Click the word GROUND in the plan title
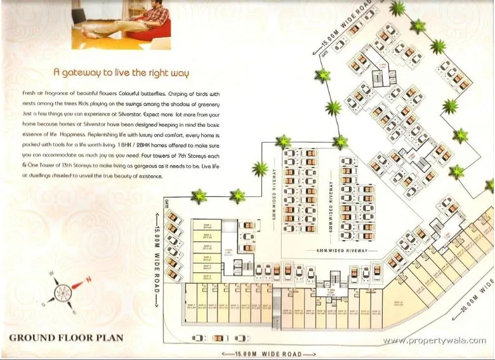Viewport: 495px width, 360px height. tap(32, 338)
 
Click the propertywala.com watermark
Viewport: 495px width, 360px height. tap(434, 341)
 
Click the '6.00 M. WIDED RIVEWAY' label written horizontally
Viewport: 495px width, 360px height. tap(342, 251)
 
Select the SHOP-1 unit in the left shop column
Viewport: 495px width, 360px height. tap(207, 225)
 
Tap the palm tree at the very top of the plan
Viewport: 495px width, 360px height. tap(398, 8)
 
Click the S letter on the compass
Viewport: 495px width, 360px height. tap(43, 304)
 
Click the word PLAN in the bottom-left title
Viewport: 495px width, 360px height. tap(107, 338)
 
